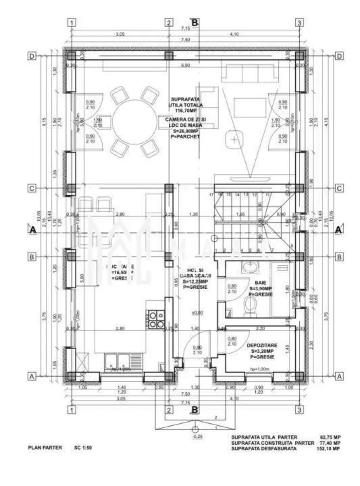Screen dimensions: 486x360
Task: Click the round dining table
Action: [130, 118]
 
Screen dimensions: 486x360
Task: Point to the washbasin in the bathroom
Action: [251, 268]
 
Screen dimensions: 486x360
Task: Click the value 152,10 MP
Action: [328, 449]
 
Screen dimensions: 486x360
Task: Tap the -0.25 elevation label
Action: [195, 436]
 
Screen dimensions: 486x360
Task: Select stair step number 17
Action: [212, 194]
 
